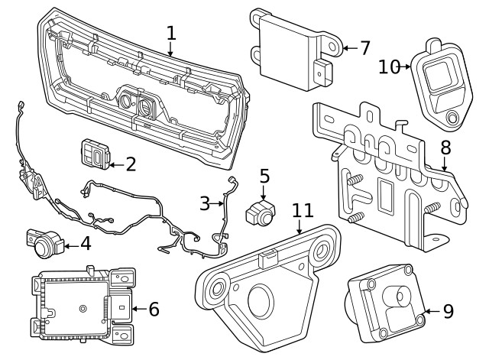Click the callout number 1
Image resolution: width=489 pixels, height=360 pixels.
[x=171, y=33]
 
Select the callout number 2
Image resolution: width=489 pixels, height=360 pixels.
[x=131, y=163]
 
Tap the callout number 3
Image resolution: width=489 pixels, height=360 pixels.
[x=205, y=203]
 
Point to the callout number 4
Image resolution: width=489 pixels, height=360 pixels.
[x=85, y=245]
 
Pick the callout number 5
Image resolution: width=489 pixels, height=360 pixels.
[x=264, y=177]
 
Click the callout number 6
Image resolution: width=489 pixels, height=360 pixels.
[x=153, y=310]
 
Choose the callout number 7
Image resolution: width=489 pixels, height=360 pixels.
[x=364, y=48]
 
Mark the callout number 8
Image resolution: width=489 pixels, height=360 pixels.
[x=445, y=146]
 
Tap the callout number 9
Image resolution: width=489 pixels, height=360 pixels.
[x=448, y=311]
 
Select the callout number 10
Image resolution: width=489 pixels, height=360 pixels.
[x=389, y=66]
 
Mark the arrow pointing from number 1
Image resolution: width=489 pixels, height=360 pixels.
[x=171, y=50]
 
